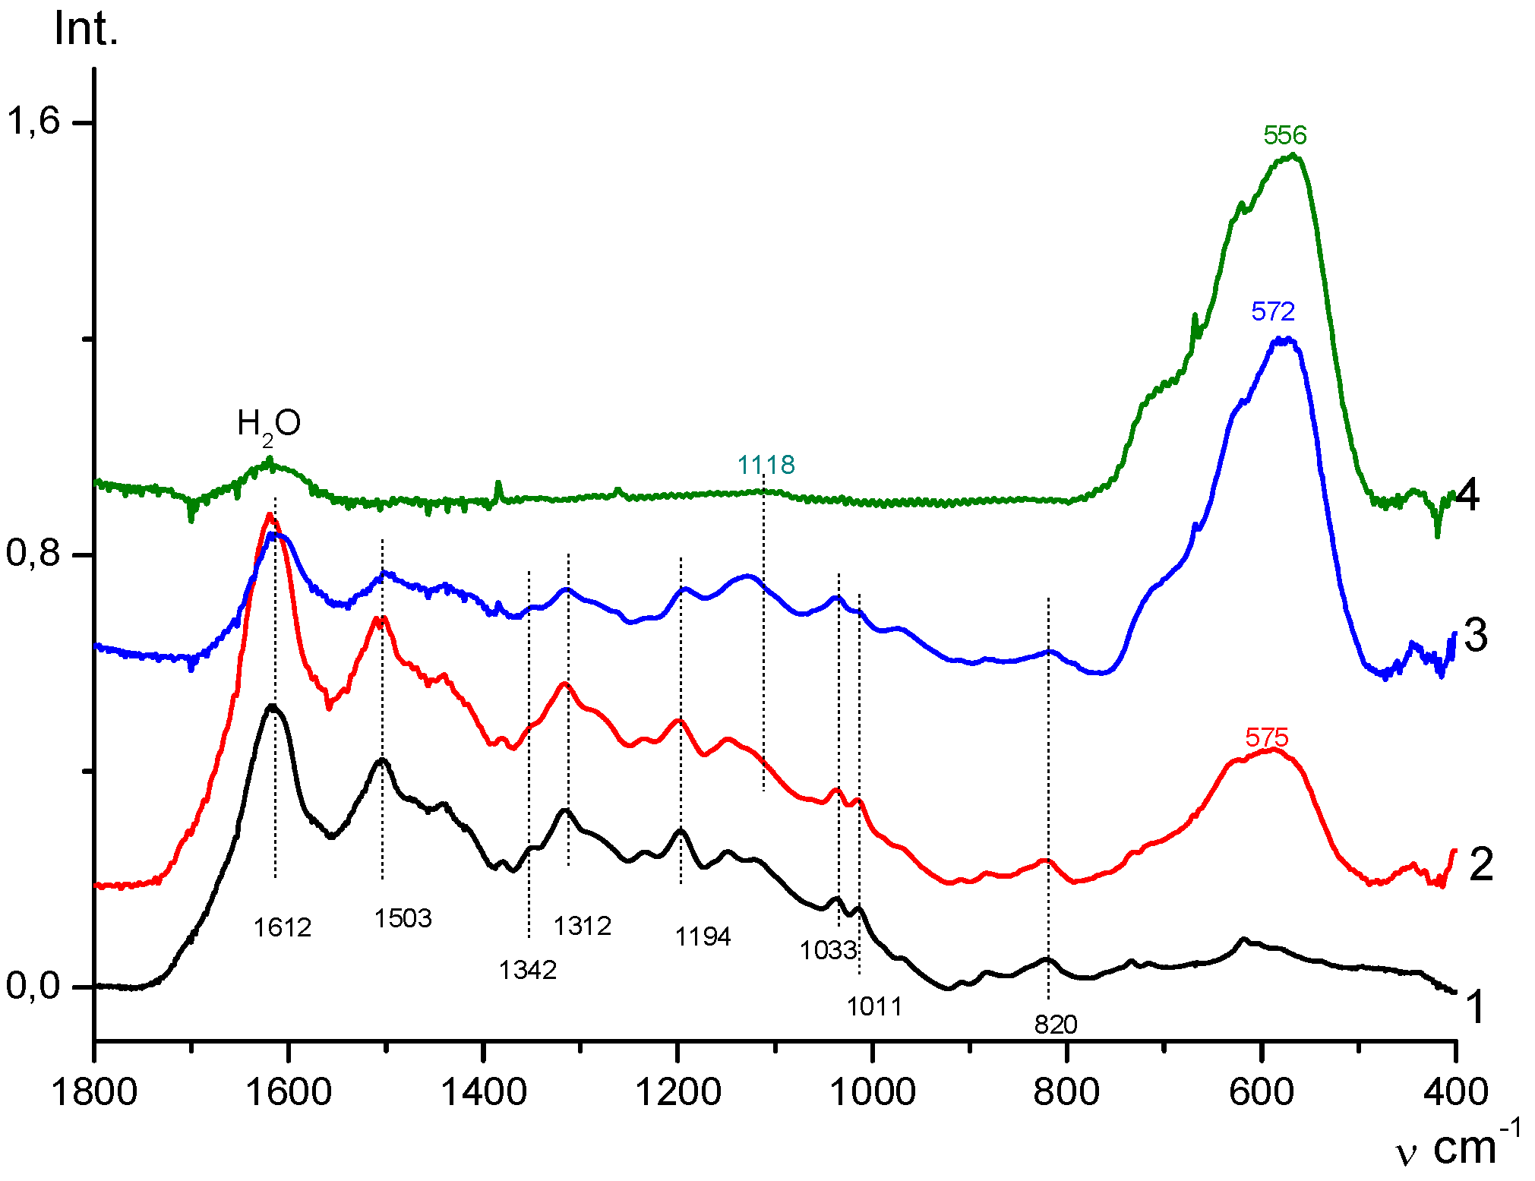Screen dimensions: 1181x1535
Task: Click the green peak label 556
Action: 1284,135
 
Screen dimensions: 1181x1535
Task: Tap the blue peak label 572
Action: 1273,311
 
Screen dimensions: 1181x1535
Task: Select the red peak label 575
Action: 1267,737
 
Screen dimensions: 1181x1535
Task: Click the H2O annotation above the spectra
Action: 269,424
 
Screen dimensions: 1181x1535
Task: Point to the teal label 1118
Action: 766,465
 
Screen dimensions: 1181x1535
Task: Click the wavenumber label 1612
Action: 283,927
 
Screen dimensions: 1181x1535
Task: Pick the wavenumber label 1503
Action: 403,918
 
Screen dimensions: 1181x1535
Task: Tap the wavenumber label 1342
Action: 528,970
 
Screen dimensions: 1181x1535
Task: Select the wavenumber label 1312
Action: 582,926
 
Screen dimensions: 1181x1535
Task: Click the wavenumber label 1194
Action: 703,936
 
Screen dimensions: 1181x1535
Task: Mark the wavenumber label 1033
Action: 828,950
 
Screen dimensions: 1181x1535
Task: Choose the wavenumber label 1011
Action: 874,1006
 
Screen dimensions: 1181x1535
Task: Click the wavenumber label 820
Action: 1056,1025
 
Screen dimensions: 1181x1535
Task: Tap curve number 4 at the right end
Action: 1467,495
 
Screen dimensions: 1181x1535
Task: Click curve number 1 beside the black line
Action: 1474,1008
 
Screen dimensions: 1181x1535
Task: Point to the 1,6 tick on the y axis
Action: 33,121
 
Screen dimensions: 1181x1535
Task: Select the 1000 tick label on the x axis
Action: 873,1092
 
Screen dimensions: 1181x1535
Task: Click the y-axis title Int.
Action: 87,30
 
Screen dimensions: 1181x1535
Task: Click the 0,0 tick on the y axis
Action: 33,986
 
